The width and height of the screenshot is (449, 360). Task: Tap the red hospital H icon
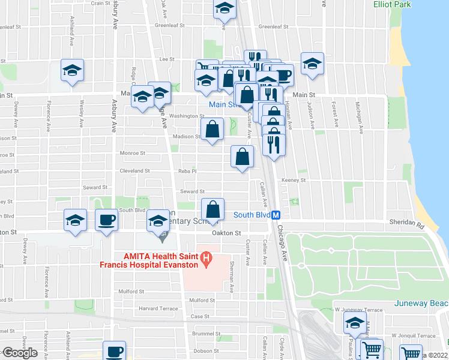click(x=206, y=259)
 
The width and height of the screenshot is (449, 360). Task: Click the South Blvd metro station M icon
click(x=276, y=215)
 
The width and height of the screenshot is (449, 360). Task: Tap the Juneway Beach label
click(x=421, y=303)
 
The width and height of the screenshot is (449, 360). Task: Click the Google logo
click(x=20, y=353)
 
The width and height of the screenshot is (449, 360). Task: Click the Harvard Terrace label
click(x=158, y=308)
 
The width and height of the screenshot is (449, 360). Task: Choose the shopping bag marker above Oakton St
click(x=213, y=210)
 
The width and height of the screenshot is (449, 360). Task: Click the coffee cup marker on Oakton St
click(x=107, y=220)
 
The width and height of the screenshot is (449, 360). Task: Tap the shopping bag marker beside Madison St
click(x=212, y=130)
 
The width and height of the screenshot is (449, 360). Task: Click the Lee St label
click(x=167, y=59)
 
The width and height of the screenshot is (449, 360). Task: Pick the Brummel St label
click(x=203, y=334)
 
